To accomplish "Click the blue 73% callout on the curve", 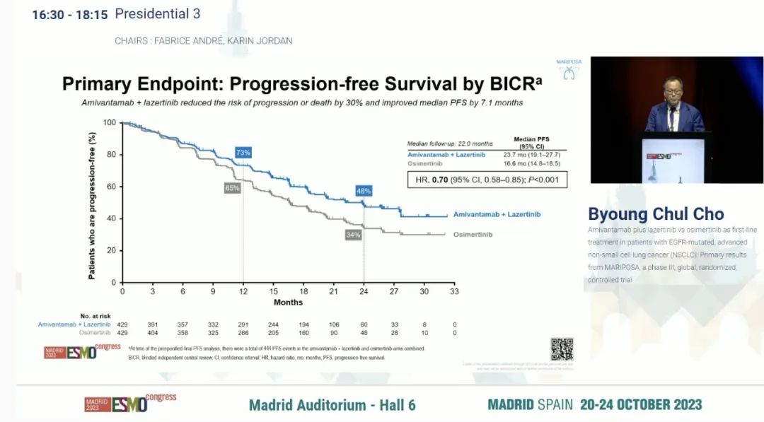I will pyautogui.click(x=243, y=153).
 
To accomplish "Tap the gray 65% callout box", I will pyautogui.click(x=233, y=188).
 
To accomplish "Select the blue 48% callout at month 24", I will pyautogui.click(x=364, y=191).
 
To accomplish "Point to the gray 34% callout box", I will pyautogui.click(x=353, y=234).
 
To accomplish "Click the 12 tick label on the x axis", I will pyautogui.click(x=243, y=291).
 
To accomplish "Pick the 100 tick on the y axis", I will pyautogui.click(x=109, y=123).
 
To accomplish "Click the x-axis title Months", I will pyautogui.click(x=288, y=303).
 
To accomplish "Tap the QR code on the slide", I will pyautogui.click(x=562, y=349).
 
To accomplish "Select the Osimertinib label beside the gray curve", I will pyautogui.click(x=473, y=234).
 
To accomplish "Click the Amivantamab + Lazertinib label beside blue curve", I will pyautogui.click(x=502, y=213).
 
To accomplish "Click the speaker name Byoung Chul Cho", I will pyautogui.click(x=656, y=214).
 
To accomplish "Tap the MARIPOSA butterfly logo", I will pyautogui.click(x=568, y=72).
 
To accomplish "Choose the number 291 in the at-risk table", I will pyautogui.click(x=243, y=324).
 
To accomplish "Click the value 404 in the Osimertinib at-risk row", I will pyautogui.click(x=152, y=332).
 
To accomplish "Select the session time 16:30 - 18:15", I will pyautogui.click(x=69, y=14).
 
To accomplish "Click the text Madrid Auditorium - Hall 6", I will pyautogui.click(x=332, y=404).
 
